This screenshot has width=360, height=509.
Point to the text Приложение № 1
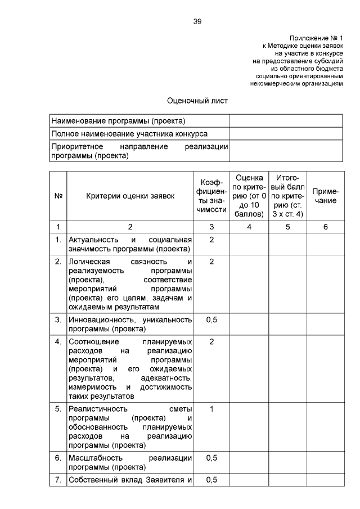tap(316, 37)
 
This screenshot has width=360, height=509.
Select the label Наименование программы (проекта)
tap(118, 121)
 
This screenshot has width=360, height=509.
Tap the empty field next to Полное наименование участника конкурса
tap(286, 134)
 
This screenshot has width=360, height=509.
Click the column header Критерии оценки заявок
tap(130, 196)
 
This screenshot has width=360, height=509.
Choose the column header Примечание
tap(325, 196)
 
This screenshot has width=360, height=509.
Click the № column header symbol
tap(58, 196)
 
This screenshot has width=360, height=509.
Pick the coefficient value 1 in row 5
tap(211, 409)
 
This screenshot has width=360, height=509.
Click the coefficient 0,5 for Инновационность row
tap(211, 319)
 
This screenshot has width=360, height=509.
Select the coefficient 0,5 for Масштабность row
tap(211, 458)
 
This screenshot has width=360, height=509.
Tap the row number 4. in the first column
tap(58, 341)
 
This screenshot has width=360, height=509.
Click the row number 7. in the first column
tap(58, 480)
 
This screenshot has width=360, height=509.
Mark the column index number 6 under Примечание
tap(325, 227)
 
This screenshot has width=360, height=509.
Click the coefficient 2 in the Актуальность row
tap(211, 240)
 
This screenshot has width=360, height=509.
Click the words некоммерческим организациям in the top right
tap(295, 83)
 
